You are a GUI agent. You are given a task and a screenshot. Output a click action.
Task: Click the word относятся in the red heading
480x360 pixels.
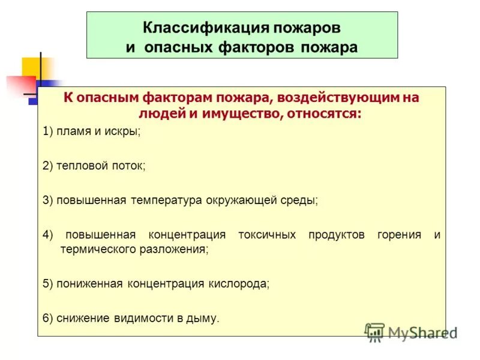(x=323, y=112)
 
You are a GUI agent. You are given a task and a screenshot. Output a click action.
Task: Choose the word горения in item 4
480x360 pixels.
(x=399, y=235)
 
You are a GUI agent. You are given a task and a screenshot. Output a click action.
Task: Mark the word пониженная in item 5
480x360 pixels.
(x=90, y=283)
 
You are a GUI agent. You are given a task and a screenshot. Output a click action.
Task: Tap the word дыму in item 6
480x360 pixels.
(x=205, y=317)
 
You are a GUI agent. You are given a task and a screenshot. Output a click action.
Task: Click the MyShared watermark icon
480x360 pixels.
(x=375, y=331)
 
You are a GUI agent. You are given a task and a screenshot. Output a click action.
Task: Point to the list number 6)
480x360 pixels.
(x=48, y=317)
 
